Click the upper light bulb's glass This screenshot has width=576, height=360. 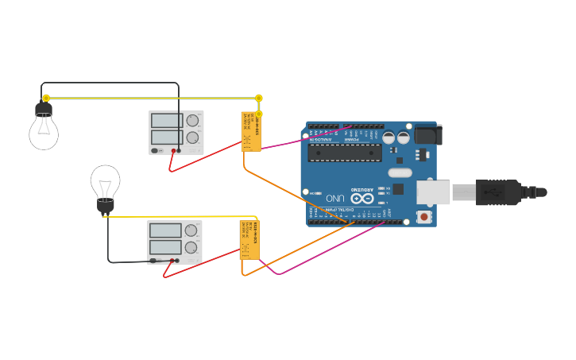44,132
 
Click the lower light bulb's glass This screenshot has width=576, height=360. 105,182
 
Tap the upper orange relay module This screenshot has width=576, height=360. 251,131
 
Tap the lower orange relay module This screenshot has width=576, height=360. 249,240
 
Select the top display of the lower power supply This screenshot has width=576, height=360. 165,230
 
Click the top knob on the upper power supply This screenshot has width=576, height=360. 192,121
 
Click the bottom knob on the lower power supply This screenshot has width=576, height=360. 191,247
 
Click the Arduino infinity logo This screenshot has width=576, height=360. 362,198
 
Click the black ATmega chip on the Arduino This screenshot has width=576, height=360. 345,152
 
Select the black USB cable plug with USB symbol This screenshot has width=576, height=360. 498,192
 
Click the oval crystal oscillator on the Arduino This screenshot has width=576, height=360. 400,172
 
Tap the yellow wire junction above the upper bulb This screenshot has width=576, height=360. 46,98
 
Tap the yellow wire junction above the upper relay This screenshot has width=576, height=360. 259,99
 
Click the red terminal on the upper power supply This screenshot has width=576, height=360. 173,150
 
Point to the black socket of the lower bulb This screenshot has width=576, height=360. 106,206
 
